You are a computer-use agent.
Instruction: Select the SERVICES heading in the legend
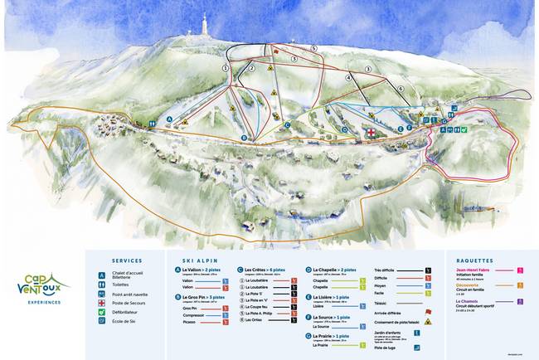[126, 260]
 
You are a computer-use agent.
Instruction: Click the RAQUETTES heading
[473, 260]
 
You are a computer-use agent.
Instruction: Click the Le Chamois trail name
[464, 301]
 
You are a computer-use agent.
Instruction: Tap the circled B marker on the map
[245, 138]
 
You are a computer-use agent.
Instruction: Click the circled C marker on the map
[287, 125]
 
